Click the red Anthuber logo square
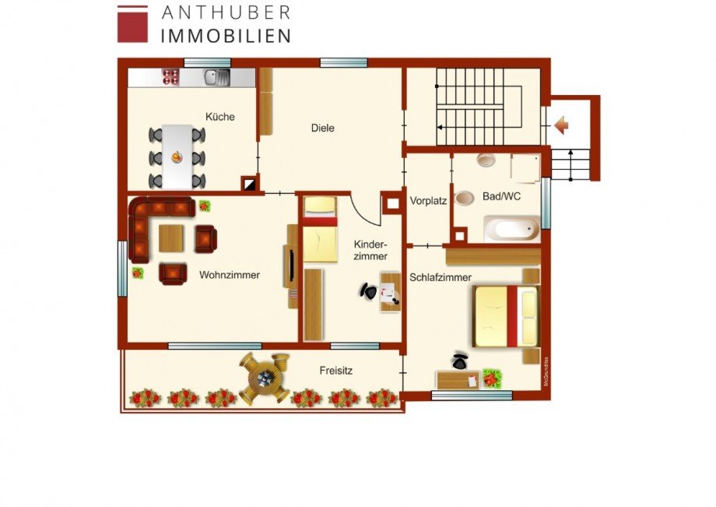pos(132,23)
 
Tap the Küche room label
pos(219,117)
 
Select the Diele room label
pos(322,128)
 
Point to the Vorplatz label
pos(428,200)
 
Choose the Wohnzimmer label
pos(229,275)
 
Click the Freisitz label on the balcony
pos(335,371)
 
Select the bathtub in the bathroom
pos(511,229)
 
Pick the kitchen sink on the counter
pos(216,76)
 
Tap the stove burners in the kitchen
pos(170,76)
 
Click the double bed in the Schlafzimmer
pos(505,316)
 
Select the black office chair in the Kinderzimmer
pos(369,292)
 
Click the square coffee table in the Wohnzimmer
pos(172,238)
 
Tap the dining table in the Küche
pos(177,157)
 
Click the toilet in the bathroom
pos(465,198)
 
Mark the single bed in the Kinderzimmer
pos(319,230)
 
